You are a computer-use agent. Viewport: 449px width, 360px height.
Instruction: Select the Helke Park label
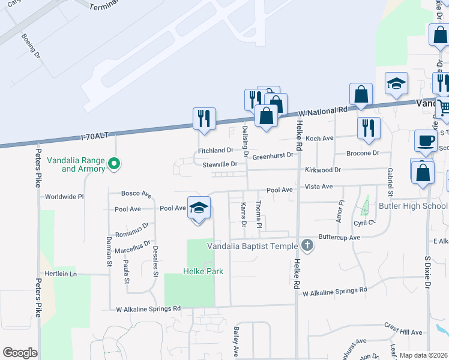click(x=203, y=272)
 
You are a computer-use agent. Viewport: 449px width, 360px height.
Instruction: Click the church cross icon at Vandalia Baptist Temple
click(x=307, y=245)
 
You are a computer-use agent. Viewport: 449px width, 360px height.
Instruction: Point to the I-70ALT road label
click(x=94, y=136)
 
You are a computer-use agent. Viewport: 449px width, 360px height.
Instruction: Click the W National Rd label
click(x=322, y=111)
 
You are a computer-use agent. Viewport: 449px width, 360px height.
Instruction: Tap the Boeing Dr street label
click(x=30, y=46)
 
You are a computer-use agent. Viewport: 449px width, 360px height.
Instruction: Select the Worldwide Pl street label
click(x=64, y=196)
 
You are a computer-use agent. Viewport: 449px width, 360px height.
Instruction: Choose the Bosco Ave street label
click(x=136, y=194)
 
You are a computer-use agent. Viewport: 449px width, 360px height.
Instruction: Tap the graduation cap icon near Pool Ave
click(x=199, y=208)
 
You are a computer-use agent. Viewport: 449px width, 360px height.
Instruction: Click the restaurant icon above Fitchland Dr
click(x=204, y=118)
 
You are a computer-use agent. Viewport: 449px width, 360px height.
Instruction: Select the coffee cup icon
click(x=426, y=140)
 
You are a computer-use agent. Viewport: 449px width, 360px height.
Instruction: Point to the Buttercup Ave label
click(x=339, y=238)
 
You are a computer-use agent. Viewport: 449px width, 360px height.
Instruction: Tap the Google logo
click(x=20, y=352)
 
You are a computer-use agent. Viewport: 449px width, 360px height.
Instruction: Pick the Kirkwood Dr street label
click(x=322, y=170)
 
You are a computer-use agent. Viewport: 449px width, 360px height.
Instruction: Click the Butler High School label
click(x=413, y=206)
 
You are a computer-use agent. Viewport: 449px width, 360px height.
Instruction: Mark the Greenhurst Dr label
click(x=273, y=156)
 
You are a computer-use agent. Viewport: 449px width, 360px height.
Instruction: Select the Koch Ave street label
click(x=319, y=138)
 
